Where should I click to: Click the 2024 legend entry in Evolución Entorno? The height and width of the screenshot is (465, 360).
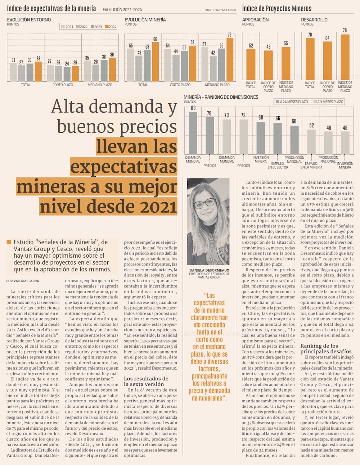[111, 27]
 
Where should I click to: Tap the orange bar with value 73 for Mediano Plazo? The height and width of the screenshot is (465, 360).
[230, 59]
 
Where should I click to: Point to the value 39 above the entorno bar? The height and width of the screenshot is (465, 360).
[112, 55]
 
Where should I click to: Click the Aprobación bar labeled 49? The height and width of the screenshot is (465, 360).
[268, 65]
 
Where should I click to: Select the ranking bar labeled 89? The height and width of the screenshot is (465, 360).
[193, 133]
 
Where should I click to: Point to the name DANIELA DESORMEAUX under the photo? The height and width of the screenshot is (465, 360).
[209, 270]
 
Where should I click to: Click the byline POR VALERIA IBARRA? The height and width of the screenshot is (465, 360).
[23, 281]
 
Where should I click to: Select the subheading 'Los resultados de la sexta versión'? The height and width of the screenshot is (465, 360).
[146, 381]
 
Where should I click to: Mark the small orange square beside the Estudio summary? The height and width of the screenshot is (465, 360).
[9, 242]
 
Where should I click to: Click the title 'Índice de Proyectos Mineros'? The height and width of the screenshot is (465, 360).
[277, 8]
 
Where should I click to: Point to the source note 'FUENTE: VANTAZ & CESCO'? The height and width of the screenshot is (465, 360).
[220, 10]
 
